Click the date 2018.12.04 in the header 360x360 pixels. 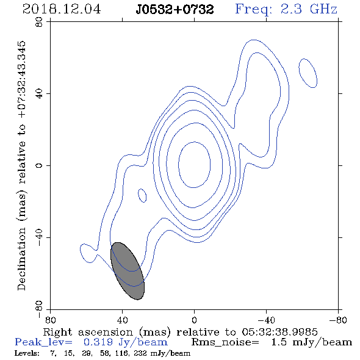[x=62, y=9]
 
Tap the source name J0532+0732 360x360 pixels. [x=175, y=9]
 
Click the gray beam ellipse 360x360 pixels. [x=128, y=271]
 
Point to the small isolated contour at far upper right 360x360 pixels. [x=308, y=73]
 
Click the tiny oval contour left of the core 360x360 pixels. [x=142, y=196]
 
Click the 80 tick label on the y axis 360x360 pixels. [x=39, y=22]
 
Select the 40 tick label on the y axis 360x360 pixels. [x=39, y=94]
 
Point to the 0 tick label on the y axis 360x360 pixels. [x=39, y=165]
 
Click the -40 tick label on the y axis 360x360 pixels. [x=39, y=237]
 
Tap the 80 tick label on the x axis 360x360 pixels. [x=50, y=320]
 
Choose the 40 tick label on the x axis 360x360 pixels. [x=122, y=320]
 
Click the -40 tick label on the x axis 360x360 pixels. [x=266, y=320]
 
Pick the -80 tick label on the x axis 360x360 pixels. [x=338, y=320]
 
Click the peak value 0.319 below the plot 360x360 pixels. [x=98, y=342]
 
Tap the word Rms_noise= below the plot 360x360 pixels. [x=225, y=342]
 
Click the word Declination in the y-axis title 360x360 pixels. [x=21, y=259]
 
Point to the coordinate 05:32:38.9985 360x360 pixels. [x=279, y=332]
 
